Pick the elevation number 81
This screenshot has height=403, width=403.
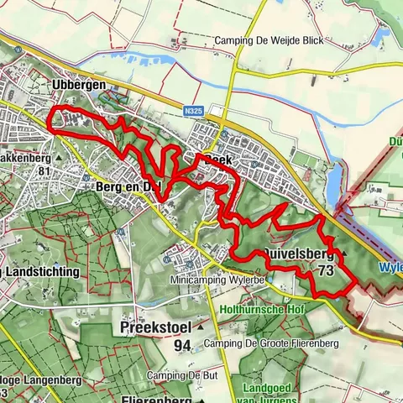(46, 172)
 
